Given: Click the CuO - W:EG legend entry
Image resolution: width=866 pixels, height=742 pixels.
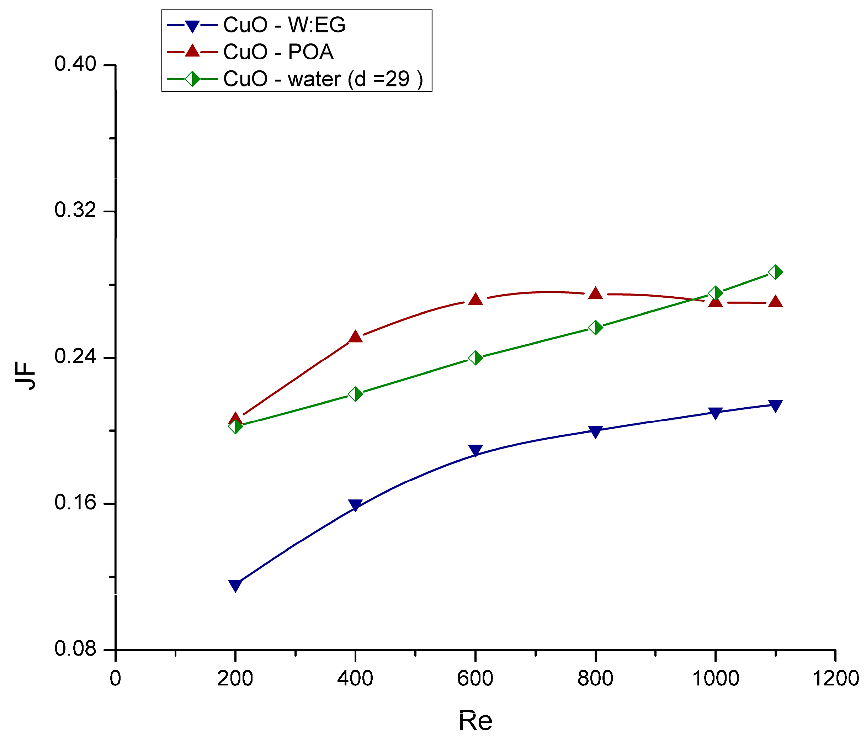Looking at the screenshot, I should point(284,25).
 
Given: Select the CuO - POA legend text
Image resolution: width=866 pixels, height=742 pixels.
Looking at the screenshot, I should point(278,52).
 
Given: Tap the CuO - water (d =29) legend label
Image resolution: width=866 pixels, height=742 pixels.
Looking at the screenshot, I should point(323,79).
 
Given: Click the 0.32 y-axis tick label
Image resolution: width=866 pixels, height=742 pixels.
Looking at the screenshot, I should point(75,210).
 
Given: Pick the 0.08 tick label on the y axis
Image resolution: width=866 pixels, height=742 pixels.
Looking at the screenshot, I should point(75,648).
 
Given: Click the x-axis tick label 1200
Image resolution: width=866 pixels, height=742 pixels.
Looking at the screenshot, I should point(835,678).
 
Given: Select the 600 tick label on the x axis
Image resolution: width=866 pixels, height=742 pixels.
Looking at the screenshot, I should point(475,678).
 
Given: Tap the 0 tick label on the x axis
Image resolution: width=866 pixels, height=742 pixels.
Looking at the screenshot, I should point(115,678).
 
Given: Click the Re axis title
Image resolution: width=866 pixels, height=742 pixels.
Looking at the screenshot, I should point(475,720).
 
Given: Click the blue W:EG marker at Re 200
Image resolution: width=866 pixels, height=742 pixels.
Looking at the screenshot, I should point(235,585).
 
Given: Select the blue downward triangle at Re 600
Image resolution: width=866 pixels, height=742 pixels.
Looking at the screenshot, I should point(475,450).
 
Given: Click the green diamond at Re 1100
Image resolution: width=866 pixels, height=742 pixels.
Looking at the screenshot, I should point(776,272).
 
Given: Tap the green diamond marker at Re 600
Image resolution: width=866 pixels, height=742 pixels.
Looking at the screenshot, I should point(475,358).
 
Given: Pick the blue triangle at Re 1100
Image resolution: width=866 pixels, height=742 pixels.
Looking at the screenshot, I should point(776,406).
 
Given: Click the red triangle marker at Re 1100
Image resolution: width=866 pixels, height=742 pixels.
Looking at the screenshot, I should point(776,301).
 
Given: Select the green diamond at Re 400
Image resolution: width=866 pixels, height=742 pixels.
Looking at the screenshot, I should point(355,394).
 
